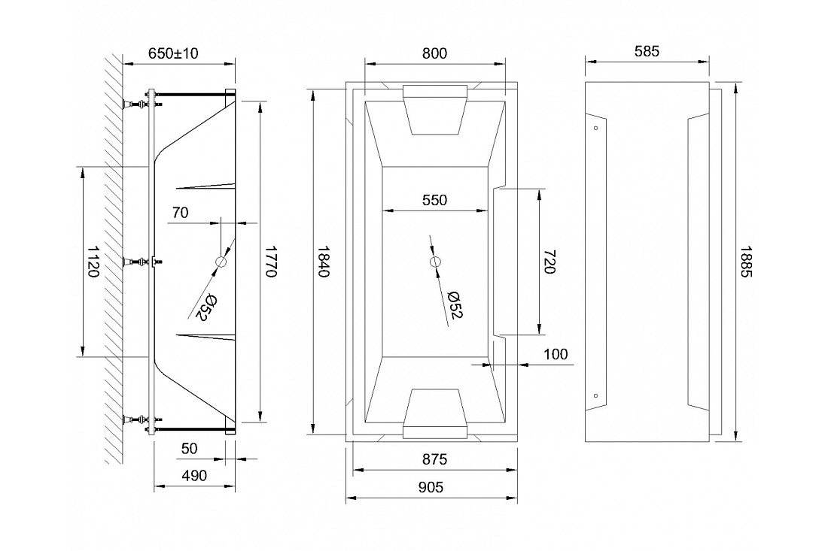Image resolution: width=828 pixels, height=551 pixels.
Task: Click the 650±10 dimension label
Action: (x=173, y=53)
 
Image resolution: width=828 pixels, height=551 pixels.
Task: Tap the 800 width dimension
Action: (x=434, y=53)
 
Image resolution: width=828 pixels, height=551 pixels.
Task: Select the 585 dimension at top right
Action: (x=647, y=51)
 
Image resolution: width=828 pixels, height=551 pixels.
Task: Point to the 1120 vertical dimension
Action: (x=93, y=262)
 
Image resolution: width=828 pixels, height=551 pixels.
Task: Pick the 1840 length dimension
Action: (x=323, y=262)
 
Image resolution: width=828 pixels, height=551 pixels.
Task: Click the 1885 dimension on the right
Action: (x=746, y=262)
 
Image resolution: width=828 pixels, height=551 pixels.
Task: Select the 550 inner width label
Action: (x=434, y=201)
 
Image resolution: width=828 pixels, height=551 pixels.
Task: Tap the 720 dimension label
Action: (x=549, y=262)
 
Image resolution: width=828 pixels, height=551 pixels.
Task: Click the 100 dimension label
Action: (x=556, y=354)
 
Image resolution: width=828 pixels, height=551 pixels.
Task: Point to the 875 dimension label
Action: (x=434, y=459)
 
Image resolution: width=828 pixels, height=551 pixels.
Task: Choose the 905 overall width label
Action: (x=431, y=487)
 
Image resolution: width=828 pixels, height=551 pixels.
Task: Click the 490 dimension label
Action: (x=194, y=476)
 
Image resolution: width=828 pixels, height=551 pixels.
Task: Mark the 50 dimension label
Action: (x=189, y=448)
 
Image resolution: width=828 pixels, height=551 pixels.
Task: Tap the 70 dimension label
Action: (x=180, y=213)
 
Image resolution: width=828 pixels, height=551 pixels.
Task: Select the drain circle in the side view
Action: (x=221, y=262)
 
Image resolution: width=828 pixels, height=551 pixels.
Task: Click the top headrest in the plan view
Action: (x=435, y=110)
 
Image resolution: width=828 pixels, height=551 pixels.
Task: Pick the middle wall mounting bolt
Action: (x=135, y=262)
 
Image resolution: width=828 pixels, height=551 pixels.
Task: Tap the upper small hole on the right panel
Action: (x=596, y=128)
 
